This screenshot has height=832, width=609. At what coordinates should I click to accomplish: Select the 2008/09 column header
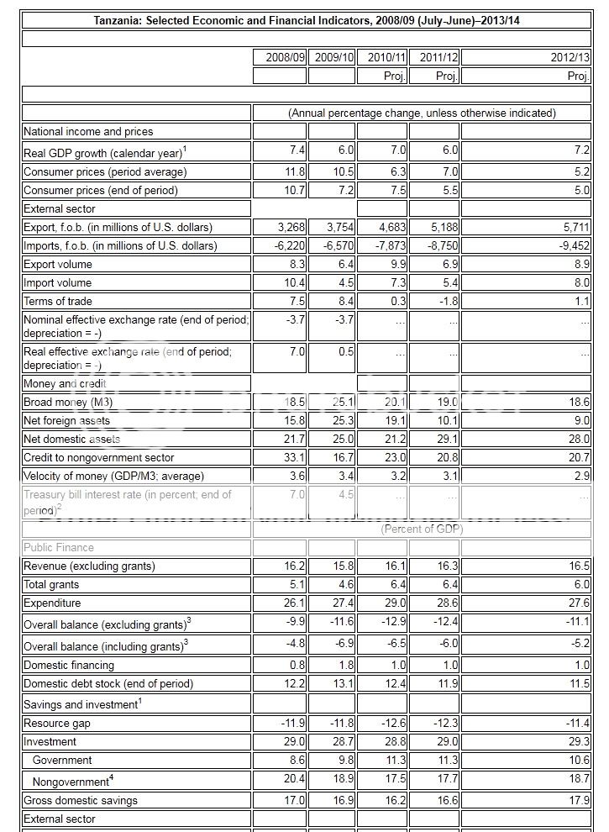tap(286, 57)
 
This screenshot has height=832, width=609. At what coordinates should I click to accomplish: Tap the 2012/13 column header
tap(571, 57)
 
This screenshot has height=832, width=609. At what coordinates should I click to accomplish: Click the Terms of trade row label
tap(58, 302)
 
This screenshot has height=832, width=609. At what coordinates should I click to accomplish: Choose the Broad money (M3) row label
tap(66, 403)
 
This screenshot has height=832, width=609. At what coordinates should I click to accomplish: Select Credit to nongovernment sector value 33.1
tap(295, 458)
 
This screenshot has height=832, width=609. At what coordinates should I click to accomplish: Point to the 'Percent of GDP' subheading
tap(422, 529)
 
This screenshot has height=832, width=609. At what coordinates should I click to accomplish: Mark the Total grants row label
tap(51, 585)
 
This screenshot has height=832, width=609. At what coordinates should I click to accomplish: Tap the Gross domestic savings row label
tap(81, 801)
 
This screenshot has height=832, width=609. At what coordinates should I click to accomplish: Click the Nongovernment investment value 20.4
tap(295, 781)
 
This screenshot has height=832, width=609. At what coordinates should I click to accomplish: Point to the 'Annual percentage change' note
tap(422, 113)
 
